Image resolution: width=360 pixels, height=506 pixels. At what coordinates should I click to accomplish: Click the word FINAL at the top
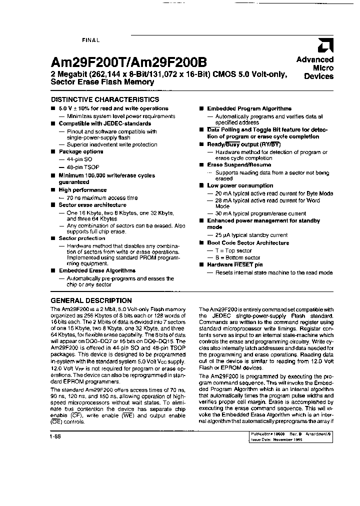90,39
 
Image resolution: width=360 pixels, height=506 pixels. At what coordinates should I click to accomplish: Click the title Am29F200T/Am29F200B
128,62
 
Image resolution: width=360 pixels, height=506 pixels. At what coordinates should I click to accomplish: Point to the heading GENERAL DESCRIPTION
91,300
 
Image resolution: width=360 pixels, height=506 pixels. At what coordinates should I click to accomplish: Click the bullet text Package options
80,151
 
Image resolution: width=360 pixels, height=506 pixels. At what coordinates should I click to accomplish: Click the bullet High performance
82,190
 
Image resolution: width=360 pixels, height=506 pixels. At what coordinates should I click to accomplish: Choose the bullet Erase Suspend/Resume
239,164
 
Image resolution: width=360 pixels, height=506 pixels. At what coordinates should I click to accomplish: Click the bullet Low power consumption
240,185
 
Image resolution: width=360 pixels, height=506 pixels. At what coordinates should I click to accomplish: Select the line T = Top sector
233,250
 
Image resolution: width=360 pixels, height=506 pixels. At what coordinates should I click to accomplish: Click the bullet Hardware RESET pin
234,264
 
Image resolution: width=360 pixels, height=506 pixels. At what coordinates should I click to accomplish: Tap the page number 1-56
56,436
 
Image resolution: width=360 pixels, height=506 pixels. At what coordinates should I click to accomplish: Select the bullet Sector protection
81,238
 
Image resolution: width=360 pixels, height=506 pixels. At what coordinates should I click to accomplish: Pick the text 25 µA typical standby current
251,235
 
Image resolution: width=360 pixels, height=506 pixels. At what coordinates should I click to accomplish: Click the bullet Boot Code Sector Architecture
248,242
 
